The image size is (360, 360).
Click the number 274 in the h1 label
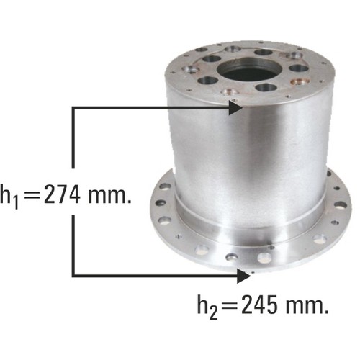click(62, 194)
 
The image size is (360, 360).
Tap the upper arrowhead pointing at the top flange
click(235, 108)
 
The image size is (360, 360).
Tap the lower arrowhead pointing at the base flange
click(243, 276)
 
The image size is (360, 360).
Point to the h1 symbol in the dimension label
click(9, 197)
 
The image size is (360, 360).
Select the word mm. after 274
click(110, 197)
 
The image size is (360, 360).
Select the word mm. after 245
click(307, 307)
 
